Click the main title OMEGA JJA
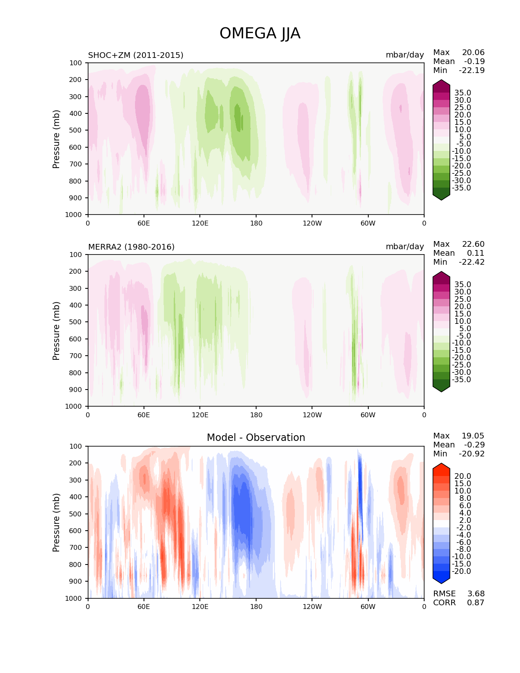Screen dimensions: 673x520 (260, 33)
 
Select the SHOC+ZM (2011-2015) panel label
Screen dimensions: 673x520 (135, 55)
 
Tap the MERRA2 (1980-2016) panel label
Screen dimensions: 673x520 (131, 247)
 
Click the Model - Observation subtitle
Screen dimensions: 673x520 (256, 438)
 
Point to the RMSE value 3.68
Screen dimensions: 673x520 (476, 594)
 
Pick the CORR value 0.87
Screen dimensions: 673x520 (476, 603)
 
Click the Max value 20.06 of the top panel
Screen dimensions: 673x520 (473, 53)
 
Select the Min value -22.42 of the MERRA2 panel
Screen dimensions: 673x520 (472, 262)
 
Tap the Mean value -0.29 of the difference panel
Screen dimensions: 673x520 (474, 445)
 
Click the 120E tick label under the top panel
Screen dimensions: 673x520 (200, 224)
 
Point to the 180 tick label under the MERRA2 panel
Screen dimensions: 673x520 (256, 415)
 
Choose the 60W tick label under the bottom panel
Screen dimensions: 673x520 (368, 607)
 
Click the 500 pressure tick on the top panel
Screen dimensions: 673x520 (76, 131)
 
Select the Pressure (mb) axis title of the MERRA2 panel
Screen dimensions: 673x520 (56, 331)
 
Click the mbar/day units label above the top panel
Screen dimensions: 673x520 (405, 55)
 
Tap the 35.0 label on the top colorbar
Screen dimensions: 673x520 (462, 93)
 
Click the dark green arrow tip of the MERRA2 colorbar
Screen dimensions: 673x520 (441, 388)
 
